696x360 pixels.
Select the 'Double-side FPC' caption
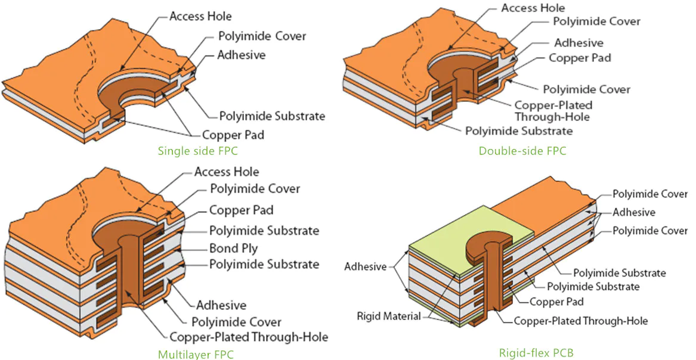tap(522, 151)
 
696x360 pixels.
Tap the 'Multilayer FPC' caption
tap(196, 355)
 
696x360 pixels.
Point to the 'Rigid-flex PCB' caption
tap(536, 353)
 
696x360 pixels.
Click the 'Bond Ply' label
tap(233, 247)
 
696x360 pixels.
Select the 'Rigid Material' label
tap(389, 315)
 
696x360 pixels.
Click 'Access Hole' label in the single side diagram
tap(200, 16)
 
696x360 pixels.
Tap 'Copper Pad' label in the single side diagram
tap(233, 135)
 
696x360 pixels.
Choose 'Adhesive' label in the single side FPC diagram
tap(241, 55)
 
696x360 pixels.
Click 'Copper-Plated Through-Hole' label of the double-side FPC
tap(552, 111)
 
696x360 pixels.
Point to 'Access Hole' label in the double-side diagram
tap(533, 8)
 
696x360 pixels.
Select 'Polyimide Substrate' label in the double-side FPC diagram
tap(518, 131)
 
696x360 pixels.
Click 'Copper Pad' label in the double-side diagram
tap(580, 58)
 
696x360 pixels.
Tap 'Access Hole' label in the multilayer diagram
tap(227, 172)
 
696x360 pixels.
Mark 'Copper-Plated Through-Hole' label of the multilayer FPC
tap(249, 337)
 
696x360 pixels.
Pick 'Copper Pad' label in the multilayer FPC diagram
tap(241, 210)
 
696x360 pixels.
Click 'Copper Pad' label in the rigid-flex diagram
tap(556, 302)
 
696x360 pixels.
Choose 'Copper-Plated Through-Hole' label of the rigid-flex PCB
tap(581, 321)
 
